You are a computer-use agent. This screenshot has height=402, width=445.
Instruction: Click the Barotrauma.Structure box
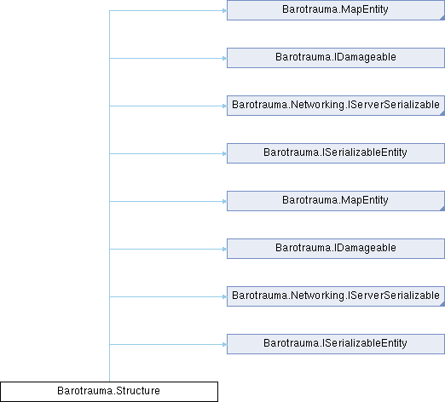pos(109,392)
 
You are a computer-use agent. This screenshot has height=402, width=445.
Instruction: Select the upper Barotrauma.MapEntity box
pos(336,10)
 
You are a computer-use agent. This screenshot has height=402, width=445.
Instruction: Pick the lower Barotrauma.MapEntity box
pos(336,201)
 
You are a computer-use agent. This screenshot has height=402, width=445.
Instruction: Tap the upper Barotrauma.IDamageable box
pos(336,58)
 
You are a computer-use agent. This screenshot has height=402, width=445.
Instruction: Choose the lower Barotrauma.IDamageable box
pos(336,249)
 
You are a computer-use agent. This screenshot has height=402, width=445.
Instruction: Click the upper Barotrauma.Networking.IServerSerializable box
pos(336,106)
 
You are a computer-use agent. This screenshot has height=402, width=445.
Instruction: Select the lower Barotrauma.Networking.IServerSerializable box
pos(336,296)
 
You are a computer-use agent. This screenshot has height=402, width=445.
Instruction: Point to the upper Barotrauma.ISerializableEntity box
pos(336,153)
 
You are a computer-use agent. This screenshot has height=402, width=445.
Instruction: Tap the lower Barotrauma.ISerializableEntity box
pos(336,344)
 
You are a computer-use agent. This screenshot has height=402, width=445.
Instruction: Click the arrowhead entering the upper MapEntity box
pos(224,11)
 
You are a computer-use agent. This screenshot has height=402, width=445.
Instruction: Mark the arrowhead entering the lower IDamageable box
pos(224,250)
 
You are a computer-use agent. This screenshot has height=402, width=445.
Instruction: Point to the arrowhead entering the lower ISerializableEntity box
pos(224,345)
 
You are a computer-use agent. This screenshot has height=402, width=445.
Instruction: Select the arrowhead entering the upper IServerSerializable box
pos(224,106)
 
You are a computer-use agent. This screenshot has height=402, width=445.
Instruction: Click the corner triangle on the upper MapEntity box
pos(442,18)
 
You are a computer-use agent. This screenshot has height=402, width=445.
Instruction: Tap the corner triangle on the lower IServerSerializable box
pos(442,304)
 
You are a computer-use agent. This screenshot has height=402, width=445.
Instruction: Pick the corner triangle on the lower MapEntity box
pos(442,209)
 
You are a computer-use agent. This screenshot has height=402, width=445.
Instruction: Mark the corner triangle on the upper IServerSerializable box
pos(442,113)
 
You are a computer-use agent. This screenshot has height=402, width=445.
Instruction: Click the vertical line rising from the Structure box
pos(109,196)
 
